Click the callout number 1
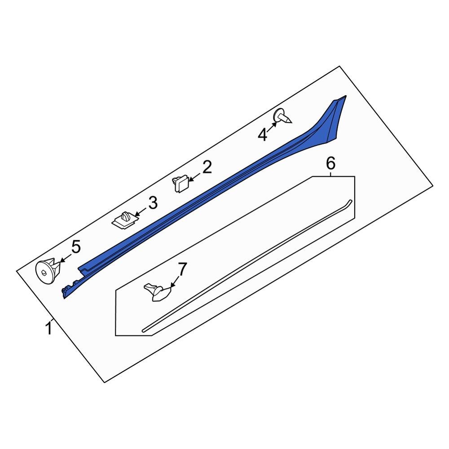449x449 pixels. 48,328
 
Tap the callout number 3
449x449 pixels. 153,203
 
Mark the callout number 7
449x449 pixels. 181,270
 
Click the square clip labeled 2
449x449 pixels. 180,184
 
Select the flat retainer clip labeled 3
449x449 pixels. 123,220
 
